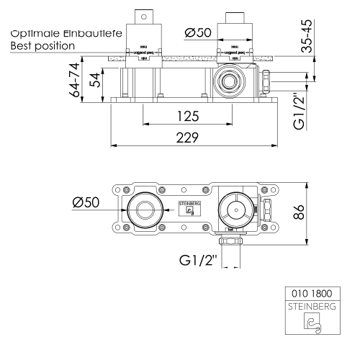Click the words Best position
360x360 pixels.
pos(43,45)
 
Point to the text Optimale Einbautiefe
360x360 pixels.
pos(58,32)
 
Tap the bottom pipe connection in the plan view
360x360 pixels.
pos(230,241)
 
